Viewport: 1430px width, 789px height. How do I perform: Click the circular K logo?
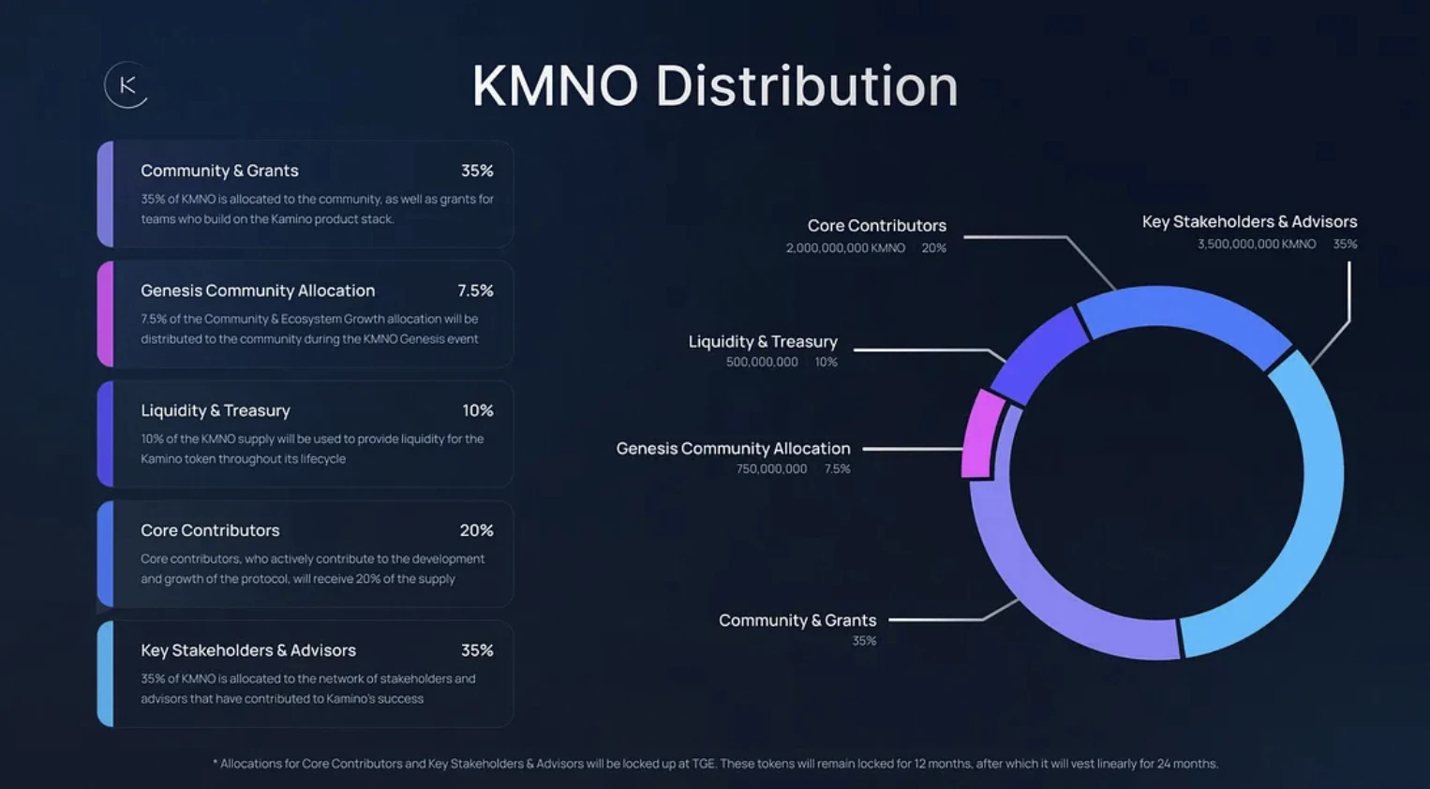[x=127, y=85]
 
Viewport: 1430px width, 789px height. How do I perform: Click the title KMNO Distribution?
[x=715, y=86]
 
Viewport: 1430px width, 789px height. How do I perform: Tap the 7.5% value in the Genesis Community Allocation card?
[x=475, y=290]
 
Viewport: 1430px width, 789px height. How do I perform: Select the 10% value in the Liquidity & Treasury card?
[x=477, y=410]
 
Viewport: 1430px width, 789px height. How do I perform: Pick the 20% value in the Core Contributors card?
[x=476, y=530]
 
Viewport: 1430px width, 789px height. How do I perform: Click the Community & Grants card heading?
[x=219, y=171]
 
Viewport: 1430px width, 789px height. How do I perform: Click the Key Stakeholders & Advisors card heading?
[x=248, y=650]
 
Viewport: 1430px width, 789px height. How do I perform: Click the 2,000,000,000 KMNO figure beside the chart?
[x=845, y=248]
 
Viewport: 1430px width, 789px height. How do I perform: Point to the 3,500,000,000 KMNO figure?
[x=1256, y=244]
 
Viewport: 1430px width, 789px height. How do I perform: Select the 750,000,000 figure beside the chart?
[x=771, y=469]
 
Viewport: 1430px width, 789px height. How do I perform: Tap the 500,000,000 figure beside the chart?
[x=762, y=362]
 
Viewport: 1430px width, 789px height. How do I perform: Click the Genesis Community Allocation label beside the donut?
[x=733, y=449]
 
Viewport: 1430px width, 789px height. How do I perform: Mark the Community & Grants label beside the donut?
[x=797, y=620]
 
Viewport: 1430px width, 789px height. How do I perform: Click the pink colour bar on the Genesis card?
[x=106, y=314]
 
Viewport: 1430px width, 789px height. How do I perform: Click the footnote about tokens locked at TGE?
[x=715, y=764]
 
